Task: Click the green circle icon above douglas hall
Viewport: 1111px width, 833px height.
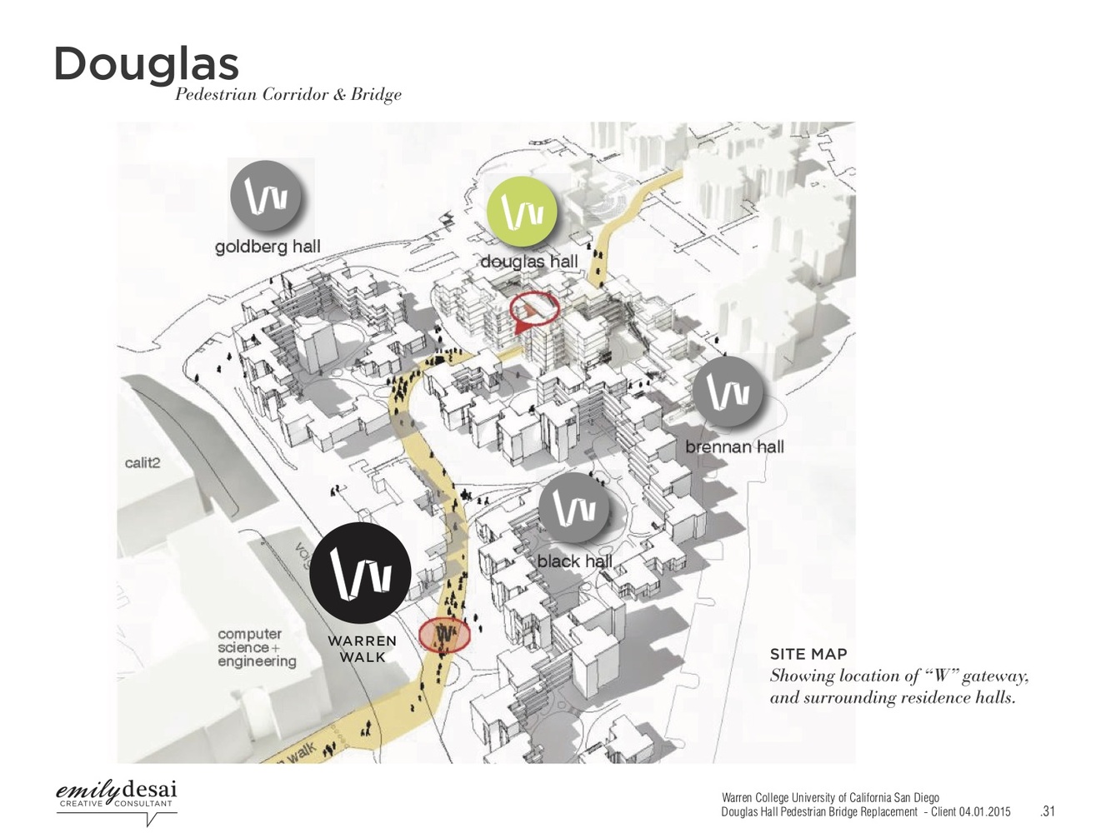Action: [x=523, y=212]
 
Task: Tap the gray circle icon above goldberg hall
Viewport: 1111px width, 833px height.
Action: [x=266, y=197]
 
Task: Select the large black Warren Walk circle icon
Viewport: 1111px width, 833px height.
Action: [x=360, y=574]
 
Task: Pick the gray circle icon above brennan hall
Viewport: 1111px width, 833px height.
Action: [x=728, y=392]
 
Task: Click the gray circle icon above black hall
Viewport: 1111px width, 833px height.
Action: [x=574, y=508]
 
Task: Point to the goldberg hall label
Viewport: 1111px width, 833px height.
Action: [x=268, y=247]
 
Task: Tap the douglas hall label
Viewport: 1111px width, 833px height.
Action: [x=528, y=262]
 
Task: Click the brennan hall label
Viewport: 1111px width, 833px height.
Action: [x=734, y=447]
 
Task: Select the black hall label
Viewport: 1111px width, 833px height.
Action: [x=574, y=561]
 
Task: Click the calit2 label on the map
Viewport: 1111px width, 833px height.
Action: [x=143, y=463]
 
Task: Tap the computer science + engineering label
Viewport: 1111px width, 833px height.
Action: [x=257, y=648]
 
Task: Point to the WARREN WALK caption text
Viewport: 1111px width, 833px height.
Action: [x=362, y=649]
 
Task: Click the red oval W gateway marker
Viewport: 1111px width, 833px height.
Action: [x=444, y=635]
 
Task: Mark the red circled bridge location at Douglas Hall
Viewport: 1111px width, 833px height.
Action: [x=534, y=308]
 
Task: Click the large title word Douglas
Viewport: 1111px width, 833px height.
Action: [x=147, y=63]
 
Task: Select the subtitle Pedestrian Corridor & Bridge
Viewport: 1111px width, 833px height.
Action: [x=288, y=95]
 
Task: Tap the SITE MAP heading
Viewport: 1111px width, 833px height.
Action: [x=808, y=655]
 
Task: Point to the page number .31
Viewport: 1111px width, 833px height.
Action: [x=1048, y=811]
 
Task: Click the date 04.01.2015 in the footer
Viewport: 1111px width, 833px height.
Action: [x=984, y=811]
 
